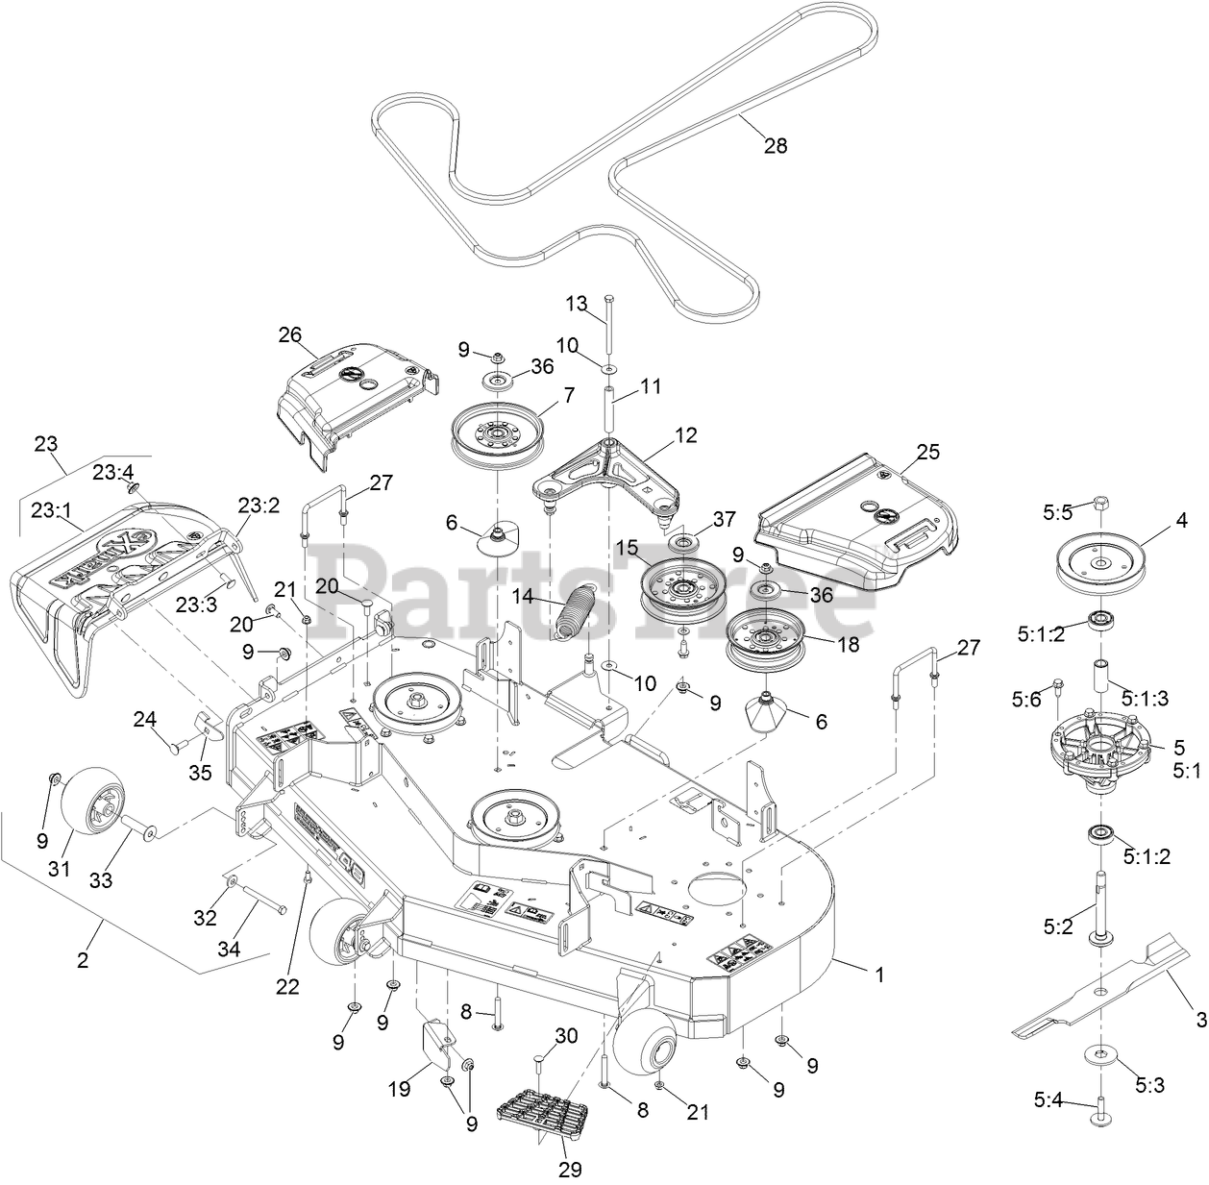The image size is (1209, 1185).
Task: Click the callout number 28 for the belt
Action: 775,146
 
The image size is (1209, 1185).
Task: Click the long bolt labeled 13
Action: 607,327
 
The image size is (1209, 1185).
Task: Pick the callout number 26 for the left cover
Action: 289,335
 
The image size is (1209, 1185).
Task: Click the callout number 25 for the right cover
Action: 928,452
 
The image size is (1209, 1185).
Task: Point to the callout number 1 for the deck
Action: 877,974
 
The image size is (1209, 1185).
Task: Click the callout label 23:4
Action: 114,472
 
